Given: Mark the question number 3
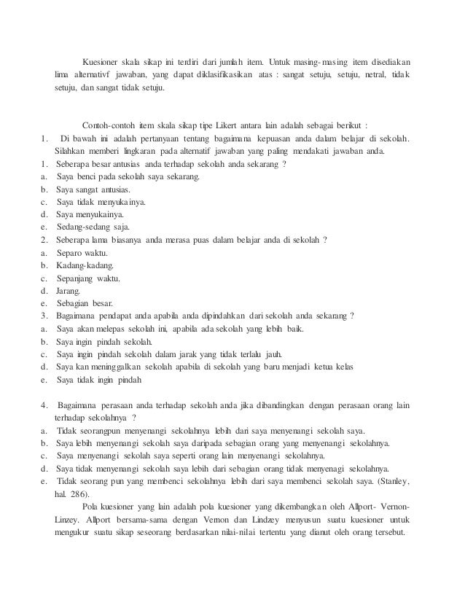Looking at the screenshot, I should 44,316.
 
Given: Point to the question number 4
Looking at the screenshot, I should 44,404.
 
